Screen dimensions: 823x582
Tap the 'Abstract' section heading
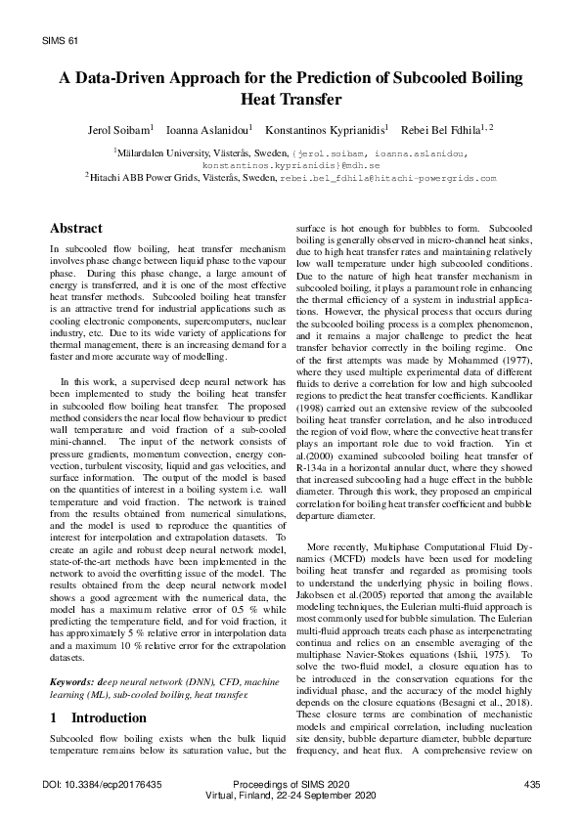pos(76,228)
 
